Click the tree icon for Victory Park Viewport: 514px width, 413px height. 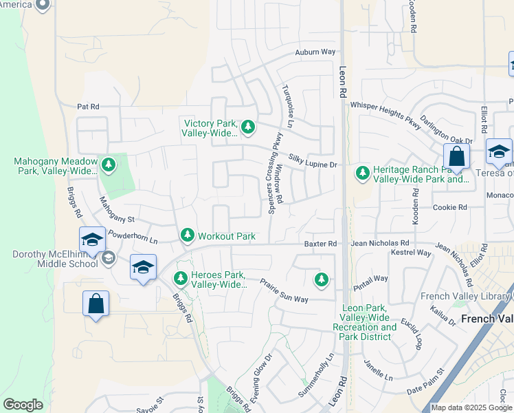(248, 126)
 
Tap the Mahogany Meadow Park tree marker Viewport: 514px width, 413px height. (108, 165)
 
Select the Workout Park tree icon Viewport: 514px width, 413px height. (187, 236)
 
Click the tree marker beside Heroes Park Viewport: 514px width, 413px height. (180, 279)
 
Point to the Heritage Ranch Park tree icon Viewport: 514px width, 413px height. (362, 173)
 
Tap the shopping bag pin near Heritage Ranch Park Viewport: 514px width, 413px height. (456, 158)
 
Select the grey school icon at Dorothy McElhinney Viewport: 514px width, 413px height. (108, 258)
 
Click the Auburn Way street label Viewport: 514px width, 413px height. (315, 52)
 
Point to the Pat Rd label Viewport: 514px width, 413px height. (89, 107)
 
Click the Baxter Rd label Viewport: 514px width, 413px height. (320, 244)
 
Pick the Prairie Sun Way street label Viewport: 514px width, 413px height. (284, 290)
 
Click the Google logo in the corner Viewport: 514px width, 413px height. (23, 405)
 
